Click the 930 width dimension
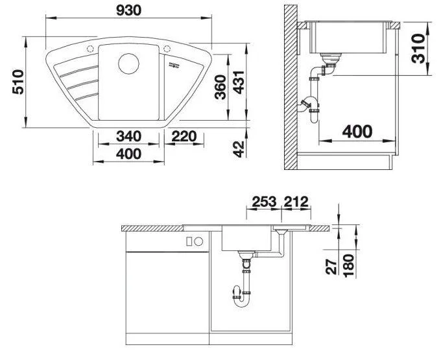pos(128,10)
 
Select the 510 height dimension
pos(18,82)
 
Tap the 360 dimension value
pos(220,87)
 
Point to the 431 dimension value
pos(239,82)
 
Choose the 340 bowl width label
pos(129,136)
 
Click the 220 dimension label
pos(184,136)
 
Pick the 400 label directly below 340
pos(129,154)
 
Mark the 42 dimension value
pos(239,149)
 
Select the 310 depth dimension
pos(418,49)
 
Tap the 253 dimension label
pos(264,202)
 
